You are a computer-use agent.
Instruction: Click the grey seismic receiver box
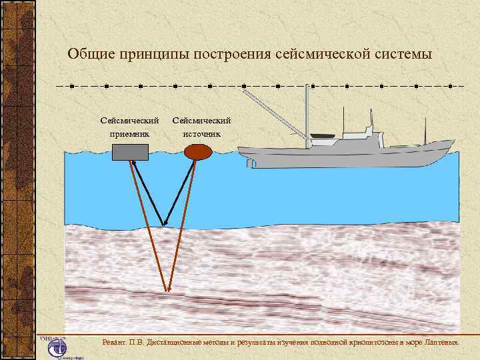click(x=130, y=152)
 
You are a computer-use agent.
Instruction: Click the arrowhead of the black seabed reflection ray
click(x=164, y=222)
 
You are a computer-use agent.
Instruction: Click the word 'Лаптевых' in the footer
click(x=440, y=342)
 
